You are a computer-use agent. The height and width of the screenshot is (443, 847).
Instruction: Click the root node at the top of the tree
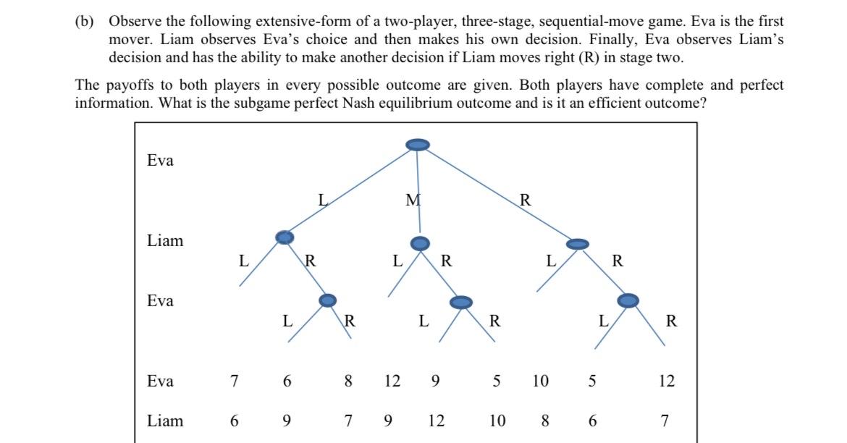tap(417, 145)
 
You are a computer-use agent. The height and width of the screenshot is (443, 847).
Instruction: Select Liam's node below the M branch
tap(420, 243)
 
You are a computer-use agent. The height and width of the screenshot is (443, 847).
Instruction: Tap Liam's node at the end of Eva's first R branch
tap(577, 244)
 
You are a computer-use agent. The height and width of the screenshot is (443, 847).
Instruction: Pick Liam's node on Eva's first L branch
tap(285, 237)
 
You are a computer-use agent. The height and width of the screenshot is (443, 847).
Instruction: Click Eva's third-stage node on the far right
tap(628, 300)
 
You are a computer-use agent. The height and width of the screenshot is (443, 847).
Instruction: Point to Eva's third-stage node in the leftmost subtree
tap(328, 300)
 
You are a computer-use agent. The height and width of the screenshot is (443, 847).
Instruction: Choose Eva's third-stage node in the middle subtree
tap(460, 302)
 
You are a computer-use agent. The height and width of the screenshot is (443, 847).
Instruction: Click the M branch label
tap(413, 201)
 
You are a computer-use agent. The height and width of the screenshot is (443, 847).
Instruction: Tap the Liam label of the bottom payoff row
tap(165, 421)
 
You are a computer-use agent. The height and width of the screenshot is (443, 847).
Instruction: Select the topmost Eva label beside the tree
tap(160, 161)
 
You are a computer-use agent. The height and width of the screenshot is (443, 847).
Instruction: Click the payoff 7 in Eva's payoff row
tap(234, 381)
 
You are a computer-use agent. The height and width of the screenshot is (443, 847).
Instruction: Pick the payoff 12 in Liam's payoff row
tap(436, 421)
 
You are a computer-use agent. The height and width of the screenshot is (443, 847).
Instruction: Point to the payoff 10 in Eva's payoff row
tap(541, 381)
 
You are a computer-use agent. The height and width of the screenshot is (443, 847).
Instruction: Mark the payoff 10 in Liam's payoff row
tap(497, 421)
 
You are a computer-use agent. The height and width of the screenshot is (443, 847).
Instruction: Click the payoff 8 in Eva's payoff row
tap(348, 381)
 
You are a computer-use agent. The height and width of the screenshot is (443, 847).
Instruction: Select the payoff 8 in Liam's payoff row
tap(545, 421)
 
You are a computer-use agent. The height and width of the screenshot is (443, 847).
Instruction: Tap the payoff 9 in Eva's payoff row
tap(435, 381)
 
